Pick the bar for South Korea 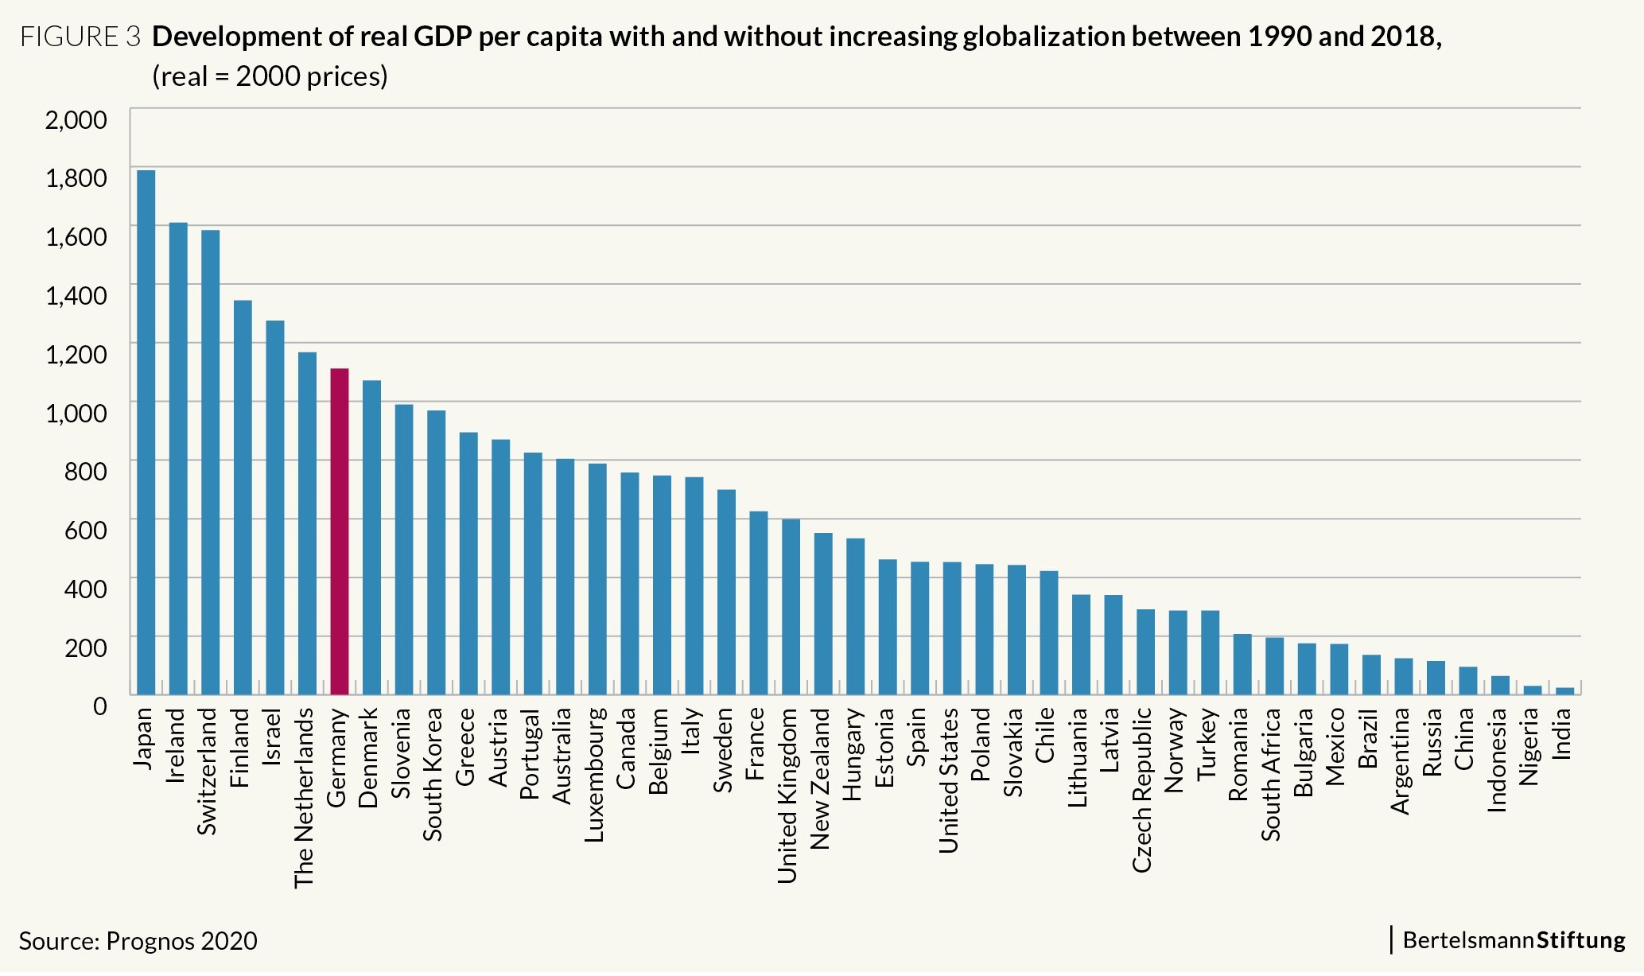[436, 552]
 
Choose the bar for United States [952, 628]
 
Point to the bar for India [1564, 691]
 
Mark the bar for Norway [1178, 652]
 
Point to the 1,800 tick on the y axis [76, 177]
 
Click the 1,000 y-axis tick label [76, 412]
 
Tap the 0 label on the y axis [99, 706]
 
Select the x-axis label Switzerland [207, 772]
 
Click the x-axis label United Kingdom [787, 795]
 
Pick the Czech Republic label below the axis [1142, 790]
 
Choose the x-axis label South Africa [1271, 774]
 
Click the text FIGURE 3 [80, 37]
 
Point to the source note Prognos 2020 [181, 941]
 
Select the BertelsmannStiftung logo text [1514, 939]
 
